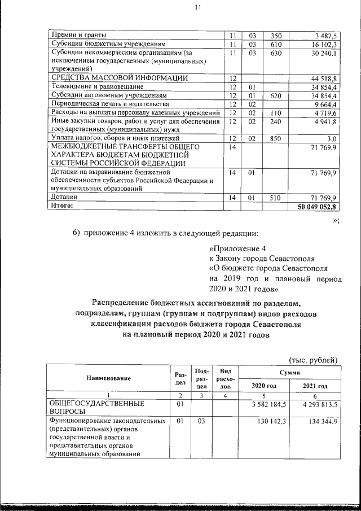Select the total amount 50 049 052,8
(x=317, y=207)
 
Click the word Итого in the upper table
(x=63, y=207)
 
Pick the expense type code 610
(x=276, y=44)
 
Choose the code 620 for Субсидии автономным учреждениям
(x=276, y=96)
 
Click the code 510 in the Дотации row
(x=276, y=198)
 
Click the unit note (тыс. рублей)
(x=313, y=360)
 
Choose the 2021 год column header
(x=315, y=386)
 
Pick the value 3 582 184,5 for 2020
(x=268, y=404)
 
